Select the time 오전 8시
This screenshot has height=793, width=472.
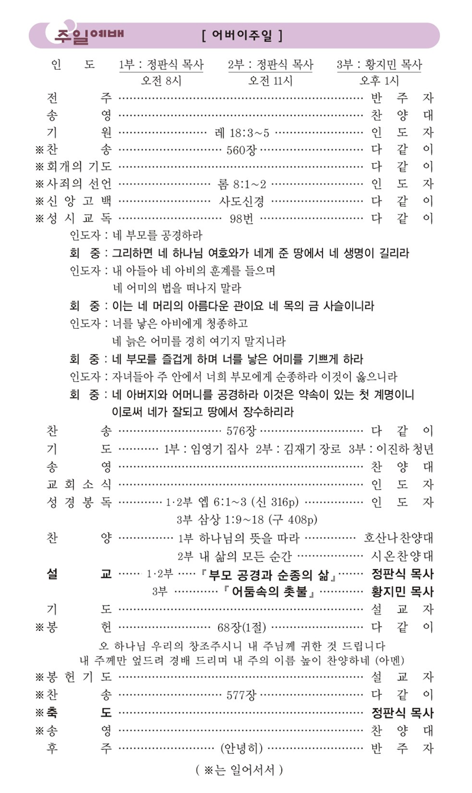click(x=161, y=80)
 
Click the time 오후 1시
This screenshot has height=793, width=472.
click(x=379, y=80)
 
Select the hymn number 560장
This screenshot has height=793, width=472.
click(x=241, y=148)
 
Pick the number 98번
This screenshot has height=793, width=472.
click(x=241, y=218)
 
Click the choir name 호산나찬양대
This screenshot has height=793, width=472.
click(x=399, y=538)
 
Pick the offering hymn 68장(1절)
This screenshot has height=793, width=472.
click(x=241, y=626)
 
